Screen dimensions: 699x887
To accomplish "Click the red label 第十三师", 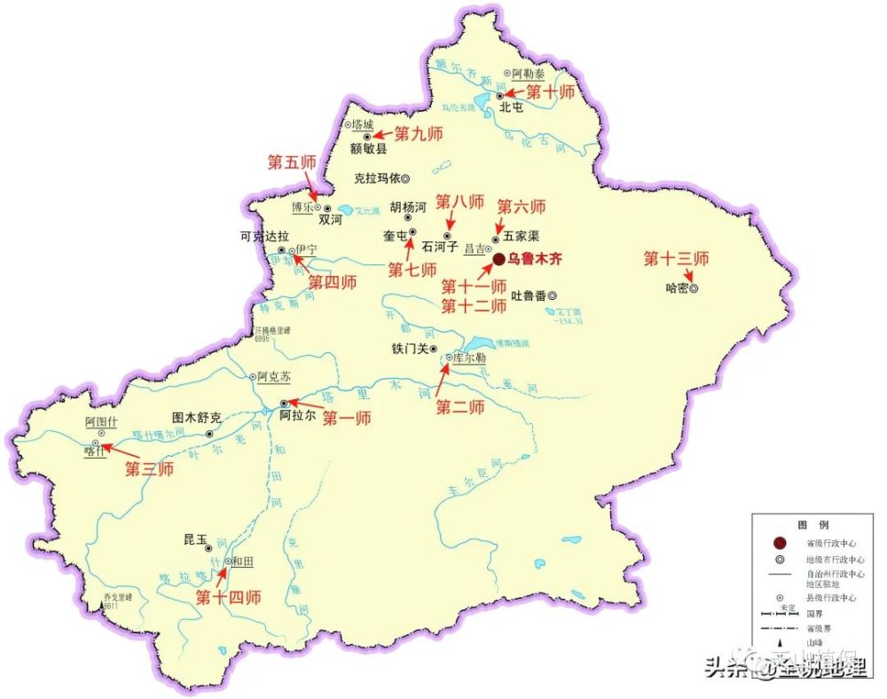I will point(676,259).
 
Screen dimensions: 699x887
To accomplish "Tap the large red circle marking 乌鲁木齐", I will point(498,259).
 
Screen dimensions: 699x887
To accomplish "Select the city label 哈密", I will point(675,288).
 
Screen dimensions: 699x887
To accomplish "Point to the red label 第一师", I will point(346,418).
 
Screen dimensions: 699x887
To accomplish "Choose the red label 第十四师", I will point(228,597).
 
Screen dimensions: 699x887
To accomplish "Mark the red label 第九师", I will point(418,134).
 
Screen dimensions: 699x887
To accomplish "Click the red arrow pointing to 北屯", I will point(514,92).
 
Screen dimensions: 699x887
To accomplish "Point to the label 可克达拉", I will point(264,237).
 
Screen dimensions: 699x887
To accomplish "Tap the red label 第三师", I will point(148,469).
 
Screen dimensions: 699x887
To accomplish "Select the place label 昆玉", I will point(194,539).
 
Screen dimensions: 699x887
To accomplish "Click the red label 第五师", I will point(292,162).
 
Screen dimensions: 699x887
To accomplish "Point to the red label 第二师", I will point(459,407).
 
